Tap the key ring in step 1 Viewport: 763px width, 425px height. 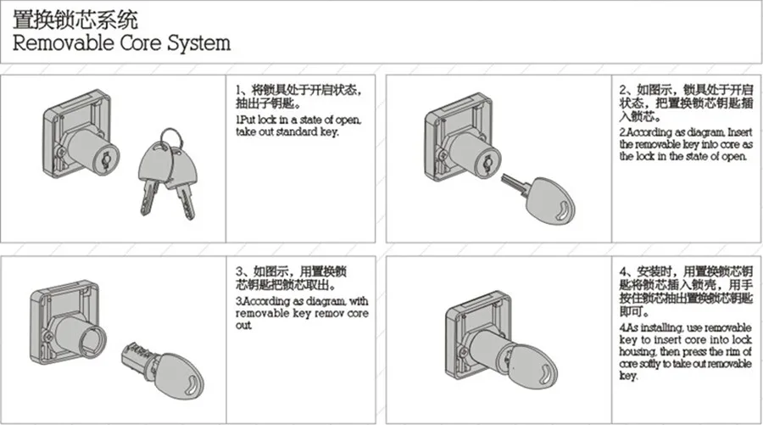pos(170,136)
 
